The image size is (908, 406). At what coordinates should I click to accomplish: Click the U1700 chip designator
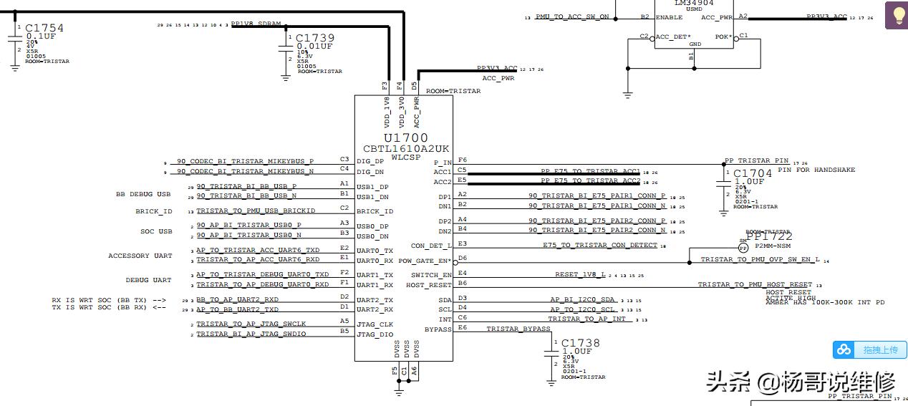pos(405,138)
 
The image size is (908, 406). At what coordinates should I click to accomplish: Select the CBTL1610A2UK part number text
pos(406,149)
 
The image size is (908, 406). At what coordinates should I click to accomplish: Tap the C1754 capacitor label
pos(44,28)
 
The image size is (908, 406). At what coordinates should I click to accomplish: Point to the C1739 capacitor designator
pos(314,38)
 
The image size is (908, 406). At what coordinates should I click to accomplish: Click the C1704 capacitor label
pos(753,173)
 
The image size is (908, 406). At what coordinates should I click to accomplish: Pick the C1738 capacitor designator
pos(581,344)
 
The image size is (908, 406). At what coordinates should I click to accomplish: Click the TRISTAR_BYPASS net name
pos(518,329)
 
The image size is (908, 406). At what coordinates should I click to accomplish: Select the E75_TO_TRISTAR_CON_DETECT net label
pos(599,245)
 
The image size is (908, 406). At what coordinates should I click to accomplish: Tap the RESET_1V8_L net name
pos(580,274)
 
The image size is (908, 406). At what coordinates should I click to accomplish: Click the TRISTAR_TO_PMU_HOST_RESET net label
pos(755,285)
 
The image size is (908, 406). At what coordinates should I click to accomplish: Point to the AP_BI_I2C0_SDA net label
pos(582,299)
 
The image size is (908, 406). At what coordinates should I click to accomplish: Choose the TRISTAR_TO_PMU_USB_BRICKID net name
pos(256,211)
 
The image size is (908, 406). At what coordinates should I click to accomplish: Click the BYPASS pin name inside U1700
pos(438,329)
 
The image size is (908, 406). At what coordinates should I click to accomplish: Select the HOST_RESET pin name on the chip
pos(428,285)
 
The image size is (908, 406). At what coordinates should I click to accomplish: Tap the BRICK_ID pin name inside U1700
pos(375,212)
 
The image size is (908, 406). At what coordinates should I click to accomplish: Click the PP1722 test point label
pos(769,236)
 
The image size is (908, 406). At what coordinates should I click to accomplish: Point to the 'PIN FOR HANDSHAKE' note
pos(816,170)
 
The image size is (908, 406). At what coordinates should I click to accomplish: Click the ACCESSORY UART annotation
pos(140,256)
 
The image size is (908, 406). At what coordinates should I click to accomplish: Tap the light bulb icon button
pos(896,15)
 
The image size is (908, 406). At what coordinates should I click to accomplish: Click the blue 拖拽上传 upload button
pos(869,349)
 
